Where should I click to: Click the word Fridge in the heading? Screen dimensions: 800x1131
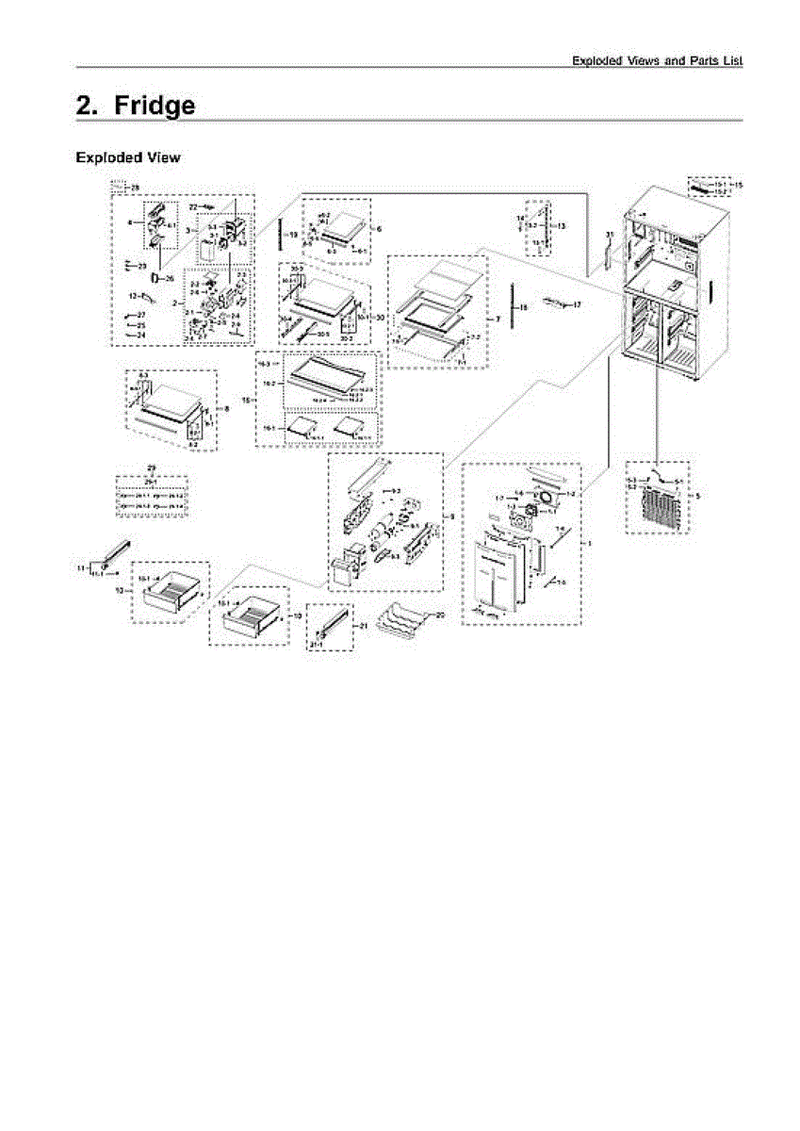click(x=155, y=106)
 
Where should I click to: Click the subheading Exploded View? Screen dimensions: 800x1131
click(x=127, y=157)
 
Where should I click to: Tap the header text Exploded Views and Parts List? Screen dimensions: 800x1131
click(x=658, y=60)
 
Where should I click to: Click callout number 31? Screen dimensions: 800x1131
click(x=610, y=233)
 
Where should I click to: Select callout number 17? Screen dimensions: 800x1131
click(x=578, y=305)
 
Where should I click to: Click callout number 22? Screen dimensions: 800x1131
click(x=193, y=205)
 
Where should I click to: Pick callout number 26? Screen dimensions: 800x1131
click(x=170, y=278)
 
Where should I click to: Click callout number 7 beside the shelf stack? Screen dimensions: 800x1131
click(x=498, y=320)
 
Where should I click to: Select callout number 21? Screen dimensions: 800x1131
click(x=363, y=625)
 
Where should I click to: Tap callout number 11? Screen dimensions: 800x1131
click(x=81, y=568)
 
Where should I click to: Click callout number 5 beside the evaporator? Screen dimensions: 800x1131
click(x=696, y=494)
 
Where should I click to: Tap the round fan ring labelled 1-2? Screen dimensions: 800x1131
click(x=545, y=498)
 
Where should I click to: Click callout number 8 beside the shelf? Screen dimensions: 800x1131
click(x=227, y=407)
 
